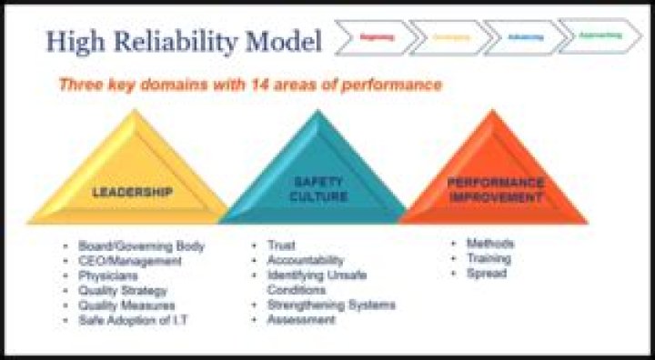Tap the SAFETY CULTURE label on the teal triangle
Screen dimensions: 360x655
(317, 188)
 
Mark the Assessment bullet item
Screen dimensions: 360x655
(301, 320)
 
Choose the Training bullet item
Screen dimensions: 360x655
(489, 258)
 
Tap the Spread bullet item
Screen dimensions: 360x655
(486, 273)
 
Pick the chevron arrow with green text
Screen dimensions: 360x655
(599, 35)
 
